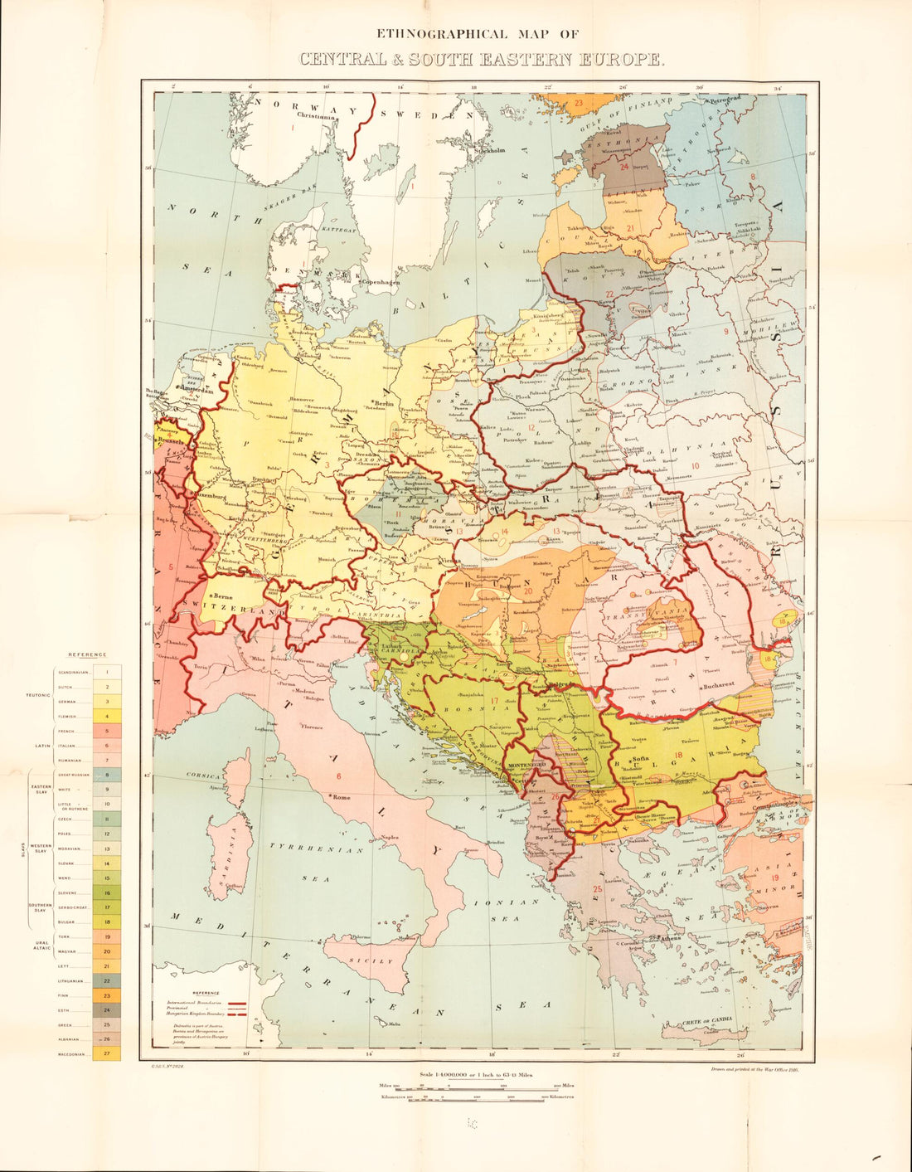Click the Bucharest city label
719,686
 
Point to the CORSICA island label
201,775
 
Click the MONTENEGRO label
526,763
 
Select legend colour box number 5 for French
107,731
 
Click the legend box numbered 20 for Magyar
107,951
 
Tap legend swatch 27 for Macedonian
107,1054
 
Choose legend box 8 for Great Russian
107,775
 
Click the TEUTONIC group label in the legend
37,694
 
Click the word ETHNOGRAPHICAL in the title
439,34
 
